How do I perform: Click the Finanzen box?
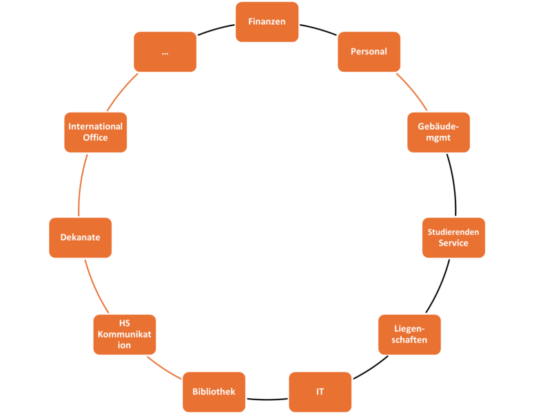coord(267,21)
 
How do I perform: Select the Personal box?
coord(369,52)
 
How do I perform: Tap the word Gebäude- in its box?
coord(438,126)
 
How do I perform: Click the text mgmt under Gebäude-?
coord(438,137)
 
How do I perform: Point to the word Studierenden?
coord(453,232)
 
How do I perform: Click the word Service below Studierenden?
coord(453,243)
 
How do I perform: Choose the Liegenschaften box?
coord(410,335)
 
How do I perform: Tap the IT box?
coord(320,392)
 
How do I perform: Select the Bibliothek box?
coord(214,392)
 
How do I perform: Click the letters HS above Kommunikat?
coord(125,324)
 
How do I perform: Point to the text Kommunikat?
coord(125,335)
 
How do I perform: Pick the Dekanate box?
coord(80,237)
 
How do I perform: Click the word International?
coord(95,126)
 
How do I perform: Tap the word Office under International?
coord(95,137)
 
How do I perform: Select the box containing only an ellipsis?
coord(165,52)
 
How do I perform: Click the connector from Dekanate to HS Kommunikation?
coord(94,286)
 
